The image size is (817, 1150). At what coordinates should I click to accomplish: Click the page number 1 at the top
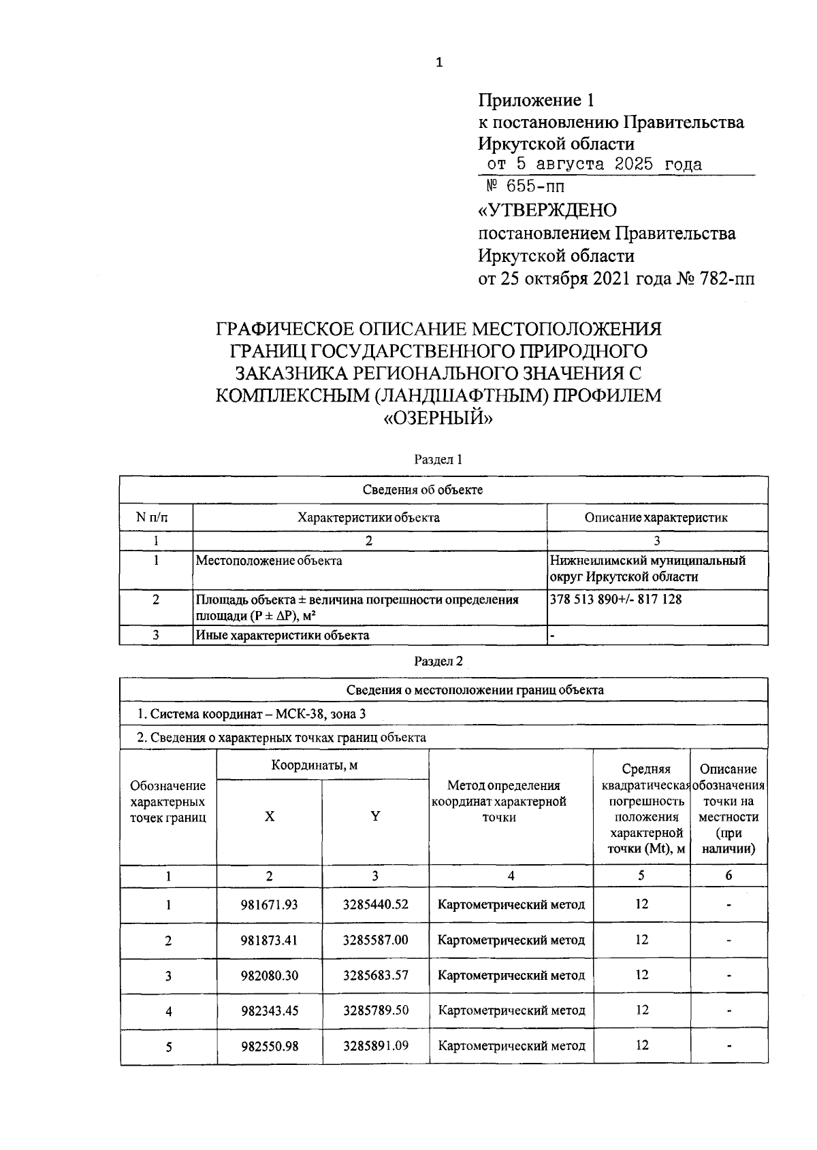pyautogui.click(x=438, y=63)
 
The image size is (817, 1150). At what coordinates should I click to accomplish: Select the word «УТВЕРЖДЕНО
pyautogui.click(x=547, y=210)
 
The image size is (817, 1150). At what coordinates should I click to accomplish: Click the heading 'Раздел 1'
pyautogui.click(x=438, y=460)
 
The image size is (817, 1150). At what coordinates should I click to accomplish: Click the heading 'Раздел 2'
pyautogui.click(x=438, y=661)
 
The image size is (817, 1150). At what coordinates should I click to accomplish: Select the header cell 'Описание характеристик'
pyautogui.click(x=656, y=518)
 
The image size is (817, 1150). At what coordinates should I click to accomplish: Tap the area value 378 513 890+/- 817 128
pyautogui.click(x=615, y=599)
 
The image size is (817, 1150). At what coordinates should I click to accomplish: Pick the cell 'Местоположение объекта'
pyautogui.click(x=269, y=561)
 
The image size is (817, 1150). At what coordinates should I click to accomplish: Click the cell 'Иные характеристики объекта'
pyautogui.click(x=283, y=636)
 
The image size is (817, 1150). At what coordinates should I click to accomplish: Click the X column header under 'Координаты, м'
pyautogui.click(x=270, y=817)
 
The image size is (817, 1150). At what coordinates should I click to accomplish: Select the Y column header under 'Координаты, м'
pyautogui.click(x=375, y=817)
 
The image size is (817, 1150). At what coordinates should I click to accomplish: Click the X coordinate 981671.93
pyautogui.click(x=270, y=905)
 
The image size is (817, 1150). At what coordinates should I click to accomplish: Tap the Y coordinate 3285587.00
pyautogui.click(x=375, y=940)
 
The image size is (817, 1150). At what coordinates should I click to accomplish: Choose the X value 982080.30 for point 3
pyautogui.click(x=270, y=976)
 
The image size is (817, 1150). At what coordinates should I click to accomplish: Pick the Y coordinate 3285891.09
pyautogui.click(x=375, y=1046)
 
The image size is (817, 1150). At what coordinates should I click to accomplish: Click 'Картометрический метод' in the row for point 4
pyautogui.click(x=511, y=1011)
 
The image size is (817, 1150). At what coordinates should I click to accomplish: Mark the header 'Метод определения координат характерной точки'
pyautogui.click(x=499, y=802)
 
